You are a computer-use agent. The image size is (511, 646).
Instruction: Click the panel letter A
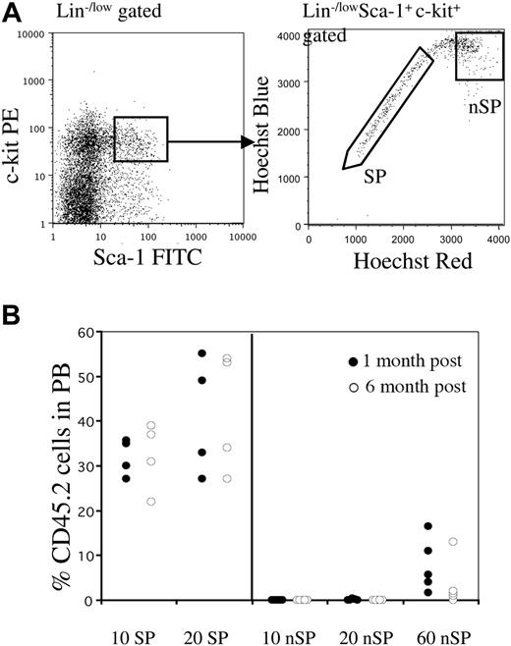11,11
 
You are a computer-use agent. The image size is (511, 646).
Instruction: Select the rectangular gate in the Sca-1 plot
141,138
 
